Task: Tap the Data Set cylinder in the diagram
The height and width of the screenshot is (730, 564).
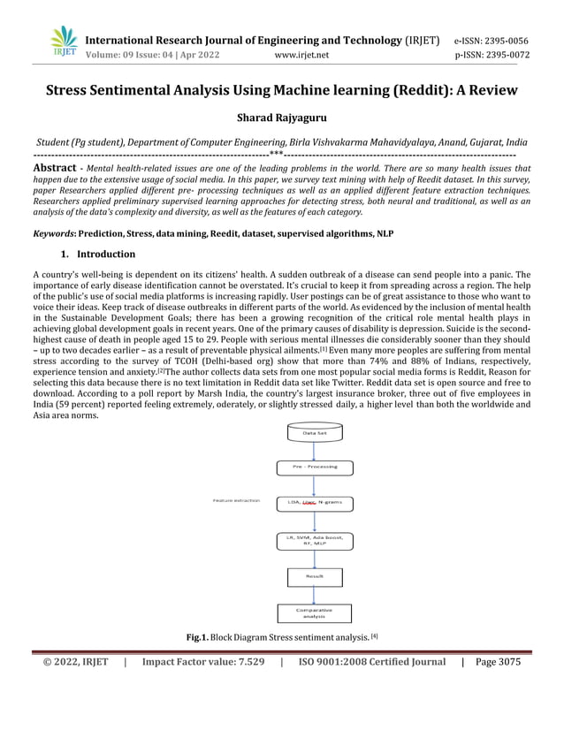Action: click(x=315, y=433)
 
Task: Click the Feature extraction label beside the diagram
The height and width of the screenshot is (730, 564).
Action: click(x=236, y=501)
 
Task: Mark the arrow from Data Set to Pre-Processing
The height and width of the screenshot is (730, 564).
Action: click(x=315, y=450)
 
